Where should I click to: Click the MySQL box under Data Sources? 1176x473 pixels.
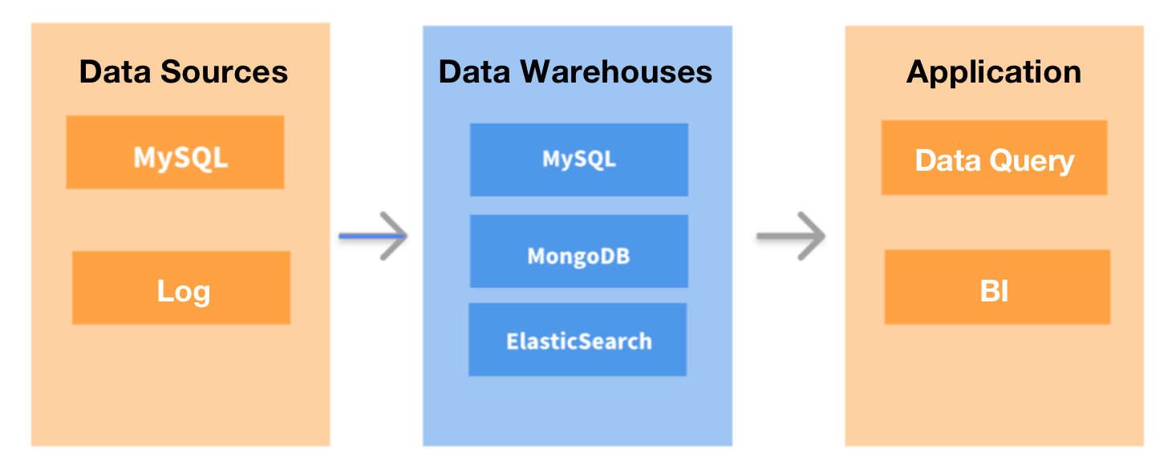[175, 152]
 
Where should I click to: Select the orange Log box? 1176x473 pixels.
[181, 288]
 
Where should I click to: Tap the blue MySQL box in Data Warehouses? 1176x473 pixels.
[578, 160]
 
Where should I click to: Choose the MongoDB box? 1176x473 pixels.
[578, 251]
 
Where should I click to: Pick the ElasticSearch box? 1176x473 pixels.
[578, 340]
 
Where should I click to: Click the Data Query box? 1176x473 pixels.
[994, 158]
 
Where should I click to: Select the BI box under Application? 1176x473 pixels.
[996, 287]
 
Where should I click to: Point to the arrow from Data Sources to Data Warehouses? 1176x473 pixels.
[373, 236]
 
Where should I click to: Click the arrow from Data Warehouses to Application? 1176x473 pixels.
[791, 236]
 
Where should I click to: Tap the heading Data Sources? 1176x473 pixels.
[183, 72]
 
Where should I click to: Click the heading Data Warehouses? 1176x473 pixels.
[575, 72]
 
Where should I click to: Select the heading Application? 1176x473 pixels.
[994, 72]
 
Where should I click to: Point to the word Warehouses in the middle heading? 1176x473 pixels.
[616, 72]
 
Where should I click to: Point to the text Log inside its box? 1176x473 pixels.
[183, 292]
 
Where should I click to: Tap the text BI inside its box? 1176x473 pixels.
[994, 292]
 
